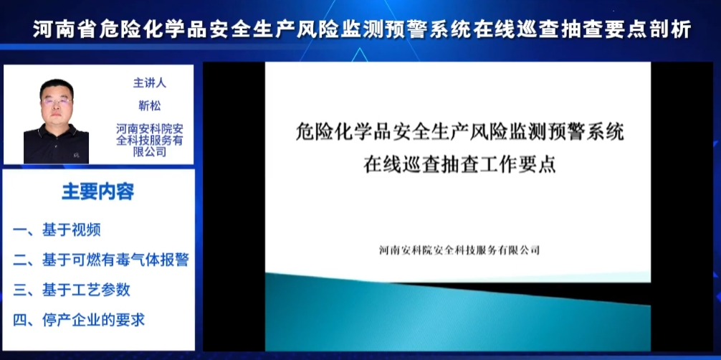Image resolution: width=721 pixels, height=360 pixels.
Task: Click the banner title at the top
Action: [x=362, y=30]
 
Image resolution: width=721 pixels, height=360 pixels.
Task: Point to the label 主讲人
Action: [x=150, y=83]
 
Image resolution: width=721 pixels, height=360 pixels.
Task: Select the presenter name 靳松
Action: [x=150, y=106]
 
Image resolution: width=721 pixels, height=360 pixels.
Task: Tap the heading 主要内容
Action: [x=98, y=192]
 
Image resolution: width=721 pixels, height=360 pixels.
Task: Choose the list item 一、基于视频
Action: [x=57, y=229]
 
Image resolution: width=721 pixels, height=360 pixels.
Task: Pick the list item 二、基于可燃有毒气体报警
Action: [x=101, y=260]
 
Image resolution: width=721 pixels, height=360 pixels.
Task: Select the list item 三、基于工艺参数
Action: [x=71, y=290]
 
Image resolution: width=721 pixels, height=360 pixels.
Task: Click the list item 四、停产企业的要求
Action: [x=79, y=320]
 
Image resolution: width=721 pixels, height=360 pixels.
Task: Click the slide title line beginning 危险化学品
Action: [x=459, y=133]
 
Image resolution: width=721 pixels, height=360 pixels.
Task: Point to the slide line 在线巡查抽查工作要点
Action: [x=459, y=164]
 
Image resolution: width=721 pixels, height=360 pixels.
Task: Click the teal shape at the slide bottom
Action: [x=457, y=318]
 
